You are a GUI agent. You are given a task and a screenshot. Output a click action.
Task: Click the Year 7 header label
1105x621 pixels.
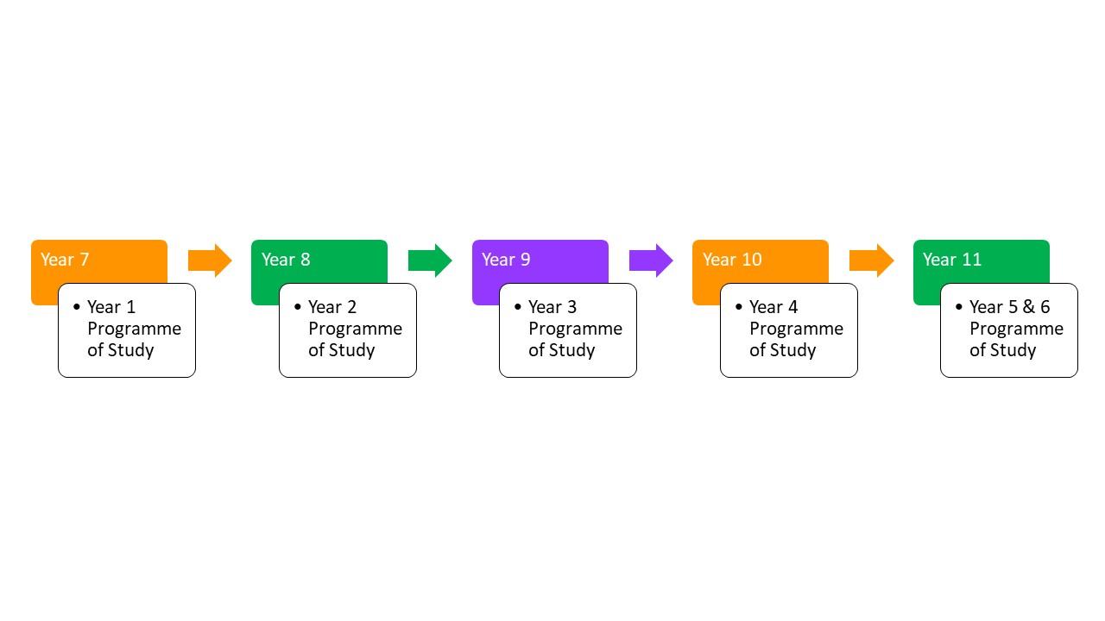pos(65,260)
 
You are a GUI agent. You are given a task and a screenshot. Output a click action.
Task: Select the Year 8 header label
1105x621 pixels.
pos(286,260)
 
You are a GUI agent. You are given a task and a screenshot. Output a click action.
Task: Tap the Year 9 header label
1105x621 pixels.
pos(506,260)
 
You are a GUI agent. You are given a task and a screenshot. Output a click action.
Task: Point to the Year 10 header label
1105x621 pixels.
pos(732,260)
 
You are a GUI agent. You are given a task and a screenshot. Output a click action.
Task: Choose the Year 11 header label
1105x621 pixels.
pos(952,260)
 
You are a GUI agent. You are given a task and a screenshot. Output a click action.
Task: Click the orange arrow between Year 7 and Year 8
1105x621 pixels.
pos(210,260)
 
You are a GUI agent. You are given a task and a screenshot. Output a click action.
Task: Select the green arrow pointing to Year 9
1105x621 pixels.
pos(430,260)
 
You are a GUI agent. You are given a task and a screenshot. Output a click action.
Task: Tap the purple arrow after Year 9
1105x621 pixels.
pos(651,260)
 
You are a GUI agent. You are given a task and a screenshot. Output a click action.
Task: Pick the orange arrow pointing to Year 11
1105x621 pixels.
pos(871,260)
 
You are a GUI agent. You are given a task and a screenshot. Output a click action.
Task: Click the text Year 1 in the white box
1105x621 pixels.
pos(111,307)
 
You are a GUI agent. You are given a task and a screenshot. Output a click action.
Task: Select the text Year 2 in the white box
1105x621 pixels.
pos(332,307)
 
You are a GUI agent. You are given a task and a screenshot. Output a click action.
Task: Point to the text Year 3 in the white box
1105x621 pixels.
pos(552,307)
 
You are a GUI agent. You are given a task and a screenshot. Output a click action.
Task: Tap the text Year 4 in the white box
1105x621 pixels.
pos(773,307)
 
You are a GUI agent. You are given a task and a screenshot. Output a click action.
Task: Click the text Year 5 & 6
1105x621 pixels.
pos(1010,307)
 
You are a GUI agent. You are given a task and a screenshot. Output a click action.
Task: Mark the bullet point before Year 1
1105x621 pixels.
pos(77,306)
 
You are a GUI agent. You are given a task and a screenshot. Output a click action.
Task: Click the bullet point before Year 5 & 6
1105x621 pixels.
pos(959,306)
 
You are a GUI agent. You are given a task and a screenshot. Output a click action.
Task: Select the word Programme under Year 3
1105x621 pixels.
pos(575,329)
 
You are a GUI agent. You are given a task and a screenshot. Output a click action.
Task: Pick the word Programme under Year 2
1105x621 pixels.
pos(355,329)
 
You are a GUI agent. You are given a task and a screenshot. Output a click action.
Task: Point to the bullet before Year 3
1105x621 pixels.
pos(517,306)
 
